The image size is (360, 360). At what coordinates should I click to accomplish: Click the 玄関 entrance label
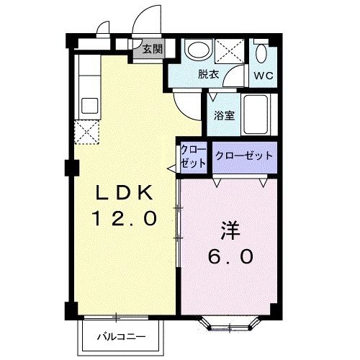point(152,49)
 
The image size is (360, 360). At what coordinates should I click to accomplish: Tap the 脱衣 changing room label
point(209,73)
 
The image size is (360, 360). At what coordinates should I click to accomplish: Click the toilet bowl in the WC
point(262,53)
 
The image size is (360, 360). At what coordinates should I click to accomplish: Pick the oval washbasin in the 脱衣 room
point(196,50)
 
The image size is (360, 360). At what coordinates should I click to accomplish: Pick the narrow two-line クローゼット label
point(193,156)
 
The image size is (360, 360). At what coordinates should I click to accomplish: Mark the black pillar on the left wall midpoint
point(70,168)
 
